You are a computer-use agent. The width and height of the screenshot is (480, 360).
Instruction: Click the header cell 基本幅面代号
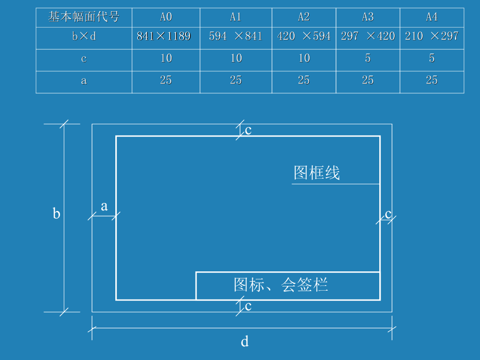[84, 17]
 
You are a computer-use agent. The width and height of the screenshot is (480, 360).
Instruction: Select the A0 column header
[166, 17]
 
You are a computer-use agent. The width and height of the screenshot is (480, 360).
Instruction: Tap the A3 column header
[368, 17]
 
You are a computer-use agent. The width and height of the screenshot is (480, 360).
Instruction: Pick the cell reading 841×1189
[164, 36]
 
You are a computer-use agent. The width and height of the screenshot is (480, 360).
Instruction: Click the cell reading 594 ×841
[236, 36]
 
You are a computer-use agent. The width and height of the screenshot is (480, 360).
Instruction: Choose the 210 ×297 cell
[432, 36]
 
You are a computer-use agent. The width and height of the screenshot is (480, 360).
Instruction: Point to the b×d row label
[84, 37]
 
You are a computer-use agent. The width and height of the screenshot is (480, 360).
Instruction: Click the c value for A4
[432, 58]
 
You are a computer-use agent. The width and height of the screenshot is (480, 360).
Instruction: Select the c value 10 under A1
[236, 58]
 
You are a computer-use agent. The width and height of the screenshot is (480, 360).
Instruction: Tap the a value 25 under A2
[304, 80]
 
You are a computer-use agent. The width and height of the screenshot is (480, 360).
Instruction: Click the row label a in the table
[84, 81]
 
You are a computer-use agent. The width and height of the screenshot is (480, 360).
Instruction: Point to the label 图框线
[317, 173]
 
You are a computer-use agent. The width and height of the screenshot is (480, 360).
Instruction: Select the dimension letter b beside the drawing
[56, 214]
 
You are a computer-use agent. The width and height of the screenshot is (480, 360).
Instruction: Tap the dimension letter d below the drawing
[245, 342]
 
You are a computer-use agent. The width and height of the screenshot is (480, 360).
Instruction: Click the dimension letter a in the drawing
[104, 206]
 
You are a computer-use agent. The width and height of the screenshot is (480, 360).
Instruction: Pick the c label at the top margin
[248, 130]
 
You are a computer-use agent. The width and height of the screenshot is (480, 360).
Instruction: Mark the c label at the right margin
[388, 214]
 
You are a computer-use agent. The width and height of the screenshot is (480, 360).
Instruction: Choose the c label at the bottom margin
[248, 307]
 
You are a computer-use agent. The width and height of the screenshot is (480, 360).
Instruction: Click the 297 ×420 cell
[368, 36]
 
